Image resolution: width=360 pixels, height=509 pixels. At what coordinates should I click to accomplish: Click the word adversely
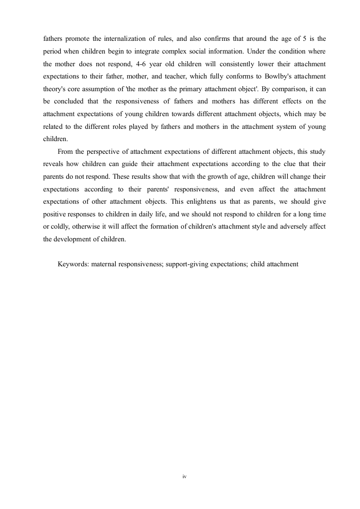coord(296,226)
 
